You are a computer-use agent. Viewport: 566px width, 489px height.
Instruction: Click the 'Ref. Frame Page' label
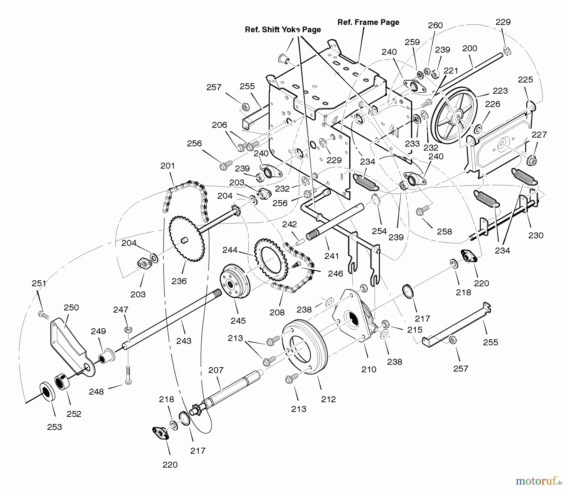[368, 22]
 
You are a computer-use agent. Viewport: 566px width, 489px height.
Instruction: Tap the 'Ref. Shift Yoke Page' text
[283, 30]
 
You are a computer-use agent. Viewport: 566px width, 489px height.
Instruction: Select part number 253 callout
[55, 427]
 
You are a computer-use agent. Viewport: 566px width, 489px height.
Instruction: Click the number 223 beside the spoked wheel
[500, 91]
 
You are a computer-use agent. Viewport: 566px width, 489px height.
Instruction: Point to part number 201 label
[168, 166]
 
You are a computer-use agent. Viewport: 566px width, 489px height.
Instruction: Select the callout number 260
[436, 25]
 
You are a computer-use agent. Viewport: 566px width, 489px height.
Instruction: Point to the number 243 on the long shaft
[184, 341]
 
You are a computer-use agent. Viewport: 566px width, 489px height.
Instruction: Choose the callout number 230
[536, 235]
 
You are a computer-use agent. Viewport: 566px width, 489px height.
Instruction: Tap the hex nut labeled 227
[531, 161]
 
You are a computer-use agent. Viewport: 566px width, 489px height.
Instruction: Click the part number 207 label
[216, 370]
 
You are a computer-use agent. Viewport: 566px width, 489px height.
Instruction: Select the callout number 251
[39, 283]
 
